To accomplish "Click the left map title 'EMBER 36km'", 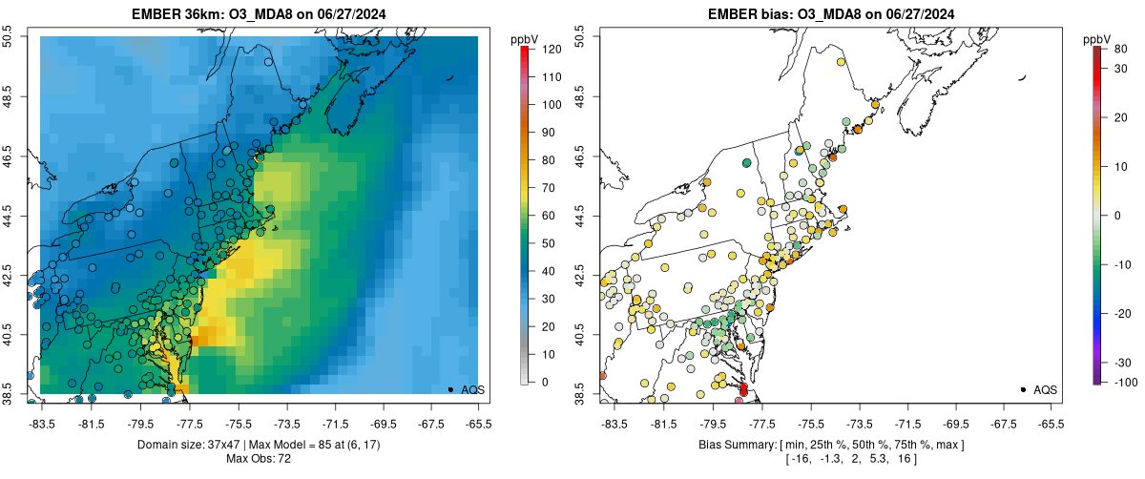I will [x=177, y=14].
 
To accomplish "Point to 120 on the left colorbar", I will [x=552, y=48].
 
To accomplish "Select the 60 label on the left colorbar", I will [x=549, y=216].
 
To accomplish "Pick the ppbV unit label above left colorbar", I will [x=524, y=38].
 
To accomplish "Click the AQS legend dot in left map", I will [x=449, y=389].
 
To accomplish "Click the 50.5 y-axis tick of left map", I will [x=10, y=36].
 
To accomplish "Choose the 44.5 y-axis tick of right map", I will [x=583, y=217].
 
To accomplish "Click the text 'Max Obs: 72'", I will [x=259, y=459].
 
